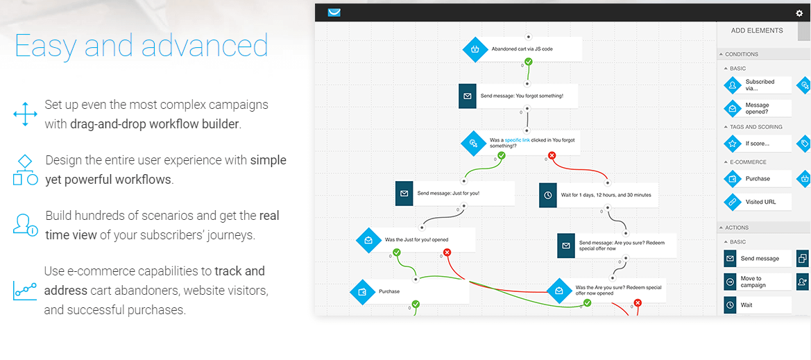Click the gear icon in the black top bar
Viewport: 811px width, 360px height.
coord(799,13)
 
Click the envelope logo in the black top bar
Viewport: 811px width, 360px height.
coord(334,12)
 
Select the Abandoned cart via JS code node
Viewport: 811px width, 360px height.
coord(523,49)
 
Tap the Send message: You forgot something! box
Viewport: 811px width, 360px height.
coord(518,96)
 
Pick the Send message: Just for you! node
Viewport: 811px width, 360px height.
coord(455,194)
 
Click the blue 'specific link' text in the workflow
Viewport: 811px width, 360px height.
coord(518,139)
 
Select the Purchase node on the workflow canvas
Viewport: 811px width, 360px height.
coord(409,291)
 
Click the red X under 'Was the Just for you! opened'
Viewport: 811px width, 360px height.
coord(447,252)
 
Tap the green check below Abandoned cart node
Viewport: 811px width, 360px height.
coord(528,62)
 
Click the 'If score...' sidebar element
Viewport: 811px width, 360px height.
coord(757,144)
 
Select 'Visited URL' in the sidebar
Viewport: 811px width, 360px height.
coord(757,202)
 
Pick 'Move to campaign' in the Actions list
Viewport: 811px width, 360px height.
coord(757,282)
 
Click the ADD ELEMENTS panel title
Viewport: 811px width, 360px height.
coord(757,31)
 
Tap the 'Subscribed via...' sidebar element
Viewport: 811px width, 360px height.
coord(757,85)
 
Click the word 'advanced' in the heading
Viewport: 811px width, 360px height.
coord(205,46)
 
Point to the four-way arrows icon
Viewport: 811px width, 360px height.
coord(26,114)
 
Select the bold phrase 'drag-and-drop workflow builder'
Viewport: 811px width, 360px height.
coord(155,124)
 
